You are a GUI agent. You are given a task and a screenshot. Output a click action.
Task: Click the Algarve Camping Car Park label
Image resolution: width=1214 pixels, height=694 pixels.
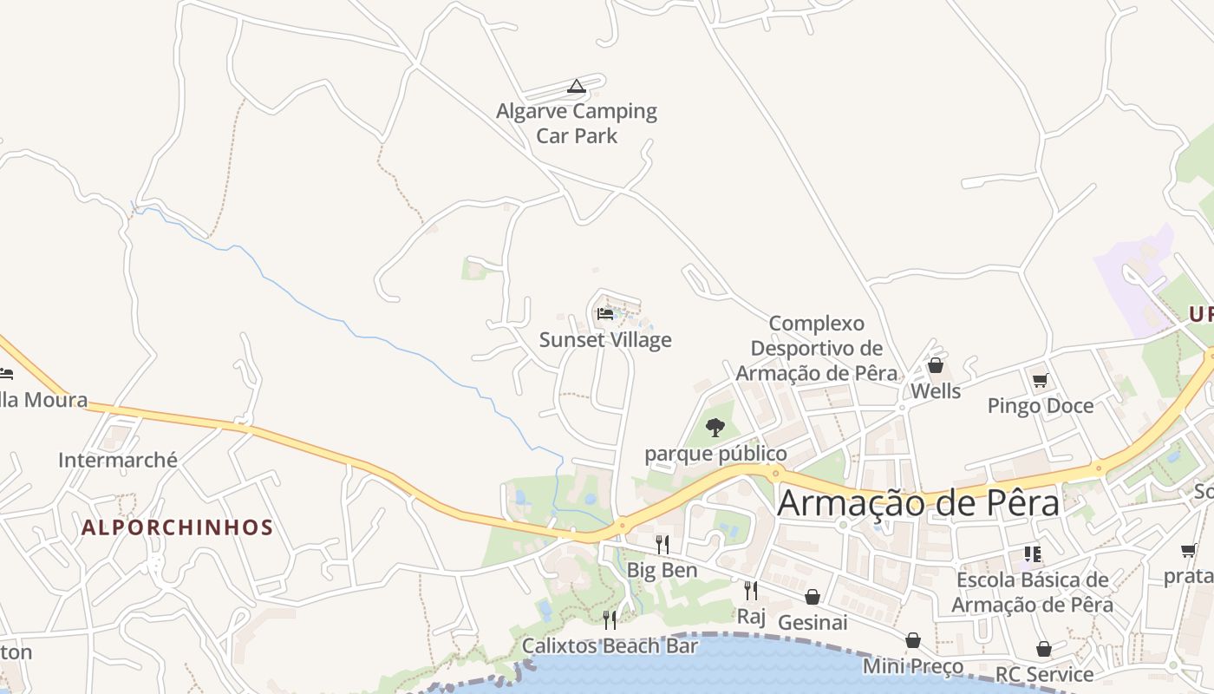[577, 123]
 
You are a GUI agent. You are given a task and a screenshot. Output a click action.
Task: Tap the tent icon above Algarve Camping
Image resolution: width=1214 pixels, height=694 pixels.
[576, 86]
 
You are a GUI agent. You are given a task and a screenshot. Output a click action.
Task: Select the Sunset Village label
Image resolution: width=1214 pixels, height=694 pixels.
[605, 339]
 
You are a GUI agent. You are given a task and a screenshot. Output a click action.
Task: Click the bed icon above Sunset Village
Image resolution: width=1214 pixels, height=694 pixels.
[605, 314]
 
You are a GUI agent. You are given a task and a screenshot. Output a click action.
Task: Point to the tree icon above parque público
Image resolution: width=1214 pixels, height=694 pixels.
[715, 427]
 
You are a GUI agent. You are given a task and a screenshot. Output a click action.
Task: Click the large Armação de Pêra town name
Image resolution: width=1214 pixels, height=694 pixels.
[918, 503]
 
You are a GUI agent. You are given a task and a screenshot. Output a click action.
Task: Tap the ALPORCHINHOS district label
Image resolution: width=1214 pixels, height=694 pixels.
[178, 527]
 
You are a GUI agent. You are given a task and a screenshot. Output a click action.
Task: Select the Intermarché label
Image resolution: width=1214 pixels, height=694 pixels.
[118, 460]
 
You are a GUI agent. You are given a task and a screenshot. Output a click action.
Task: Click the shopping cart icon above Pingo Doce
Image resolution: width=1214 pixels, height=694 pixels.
[1040, 380]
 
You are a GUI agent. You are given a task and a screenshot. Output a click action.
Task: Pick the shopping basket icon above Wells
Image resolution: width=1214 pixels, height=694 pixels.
[936, 365]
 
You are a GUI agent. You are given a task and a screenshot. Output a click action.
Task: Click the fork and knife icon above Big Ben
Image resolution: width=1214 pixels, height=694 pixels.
[662, 545]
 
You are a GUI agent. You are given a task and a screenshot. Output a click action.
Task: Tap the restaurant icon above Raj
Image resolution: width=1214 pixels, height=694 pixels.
[751, 591]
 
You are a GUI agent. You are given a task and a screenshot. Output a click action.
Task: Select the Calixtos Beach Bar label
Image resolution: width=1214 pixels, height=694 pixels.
[610, 646]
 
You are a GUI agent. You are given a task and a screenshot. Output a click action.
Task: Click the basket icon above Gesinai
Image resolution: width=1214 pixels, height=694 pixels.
[813, 597]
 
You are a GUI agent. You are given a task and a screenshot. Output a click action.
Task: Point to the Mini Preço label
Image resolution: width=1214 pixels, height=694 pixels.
[913, 666]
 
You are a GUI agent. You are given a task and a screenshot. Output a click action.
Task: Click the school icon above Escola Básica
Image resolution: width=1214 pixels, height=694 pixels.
[1032, 553]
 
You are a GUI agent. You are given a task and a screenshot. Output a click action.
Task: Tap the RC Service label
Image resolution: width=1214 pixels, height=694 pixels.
[1044, 674]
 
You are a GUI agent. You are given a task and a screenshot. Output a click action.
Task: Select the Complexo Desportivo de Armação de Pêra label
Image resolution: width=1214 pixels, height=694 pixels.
[817, 348]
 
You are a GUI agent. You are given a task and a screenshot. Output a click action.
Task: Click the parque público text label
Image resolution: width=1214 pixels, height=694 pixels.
[715, 454]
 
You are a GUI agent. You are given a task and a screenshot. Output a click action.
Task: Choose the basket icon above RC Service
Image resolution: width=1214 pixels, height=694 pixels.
[1044, 649]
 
